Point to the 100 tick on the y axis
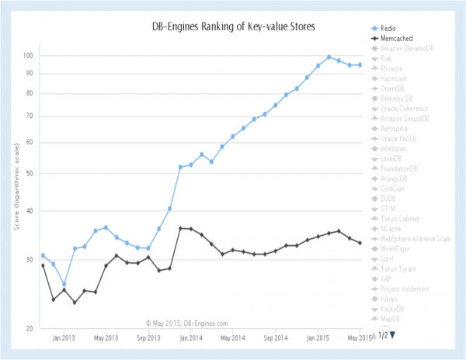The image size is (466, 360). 48,56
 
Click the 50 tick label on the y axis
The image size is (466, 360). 50,173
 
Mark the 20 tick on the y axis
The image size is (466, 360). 50,329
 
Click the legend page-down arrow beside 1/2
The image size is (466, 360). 393,335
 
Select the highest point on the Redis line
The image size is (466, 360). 329,57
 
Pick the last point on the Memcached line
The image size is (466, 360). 360,243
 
